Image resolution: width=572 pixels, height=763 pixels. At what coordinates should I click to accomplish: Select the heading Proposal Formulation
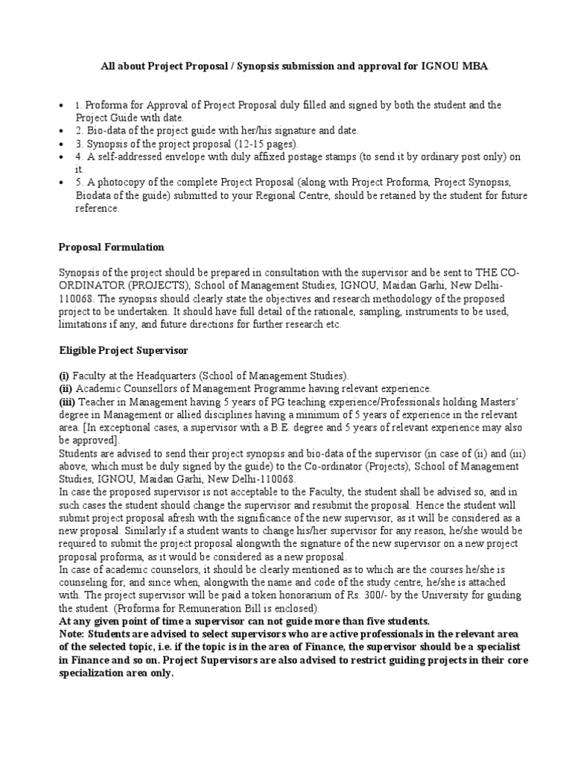point(111,247)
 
